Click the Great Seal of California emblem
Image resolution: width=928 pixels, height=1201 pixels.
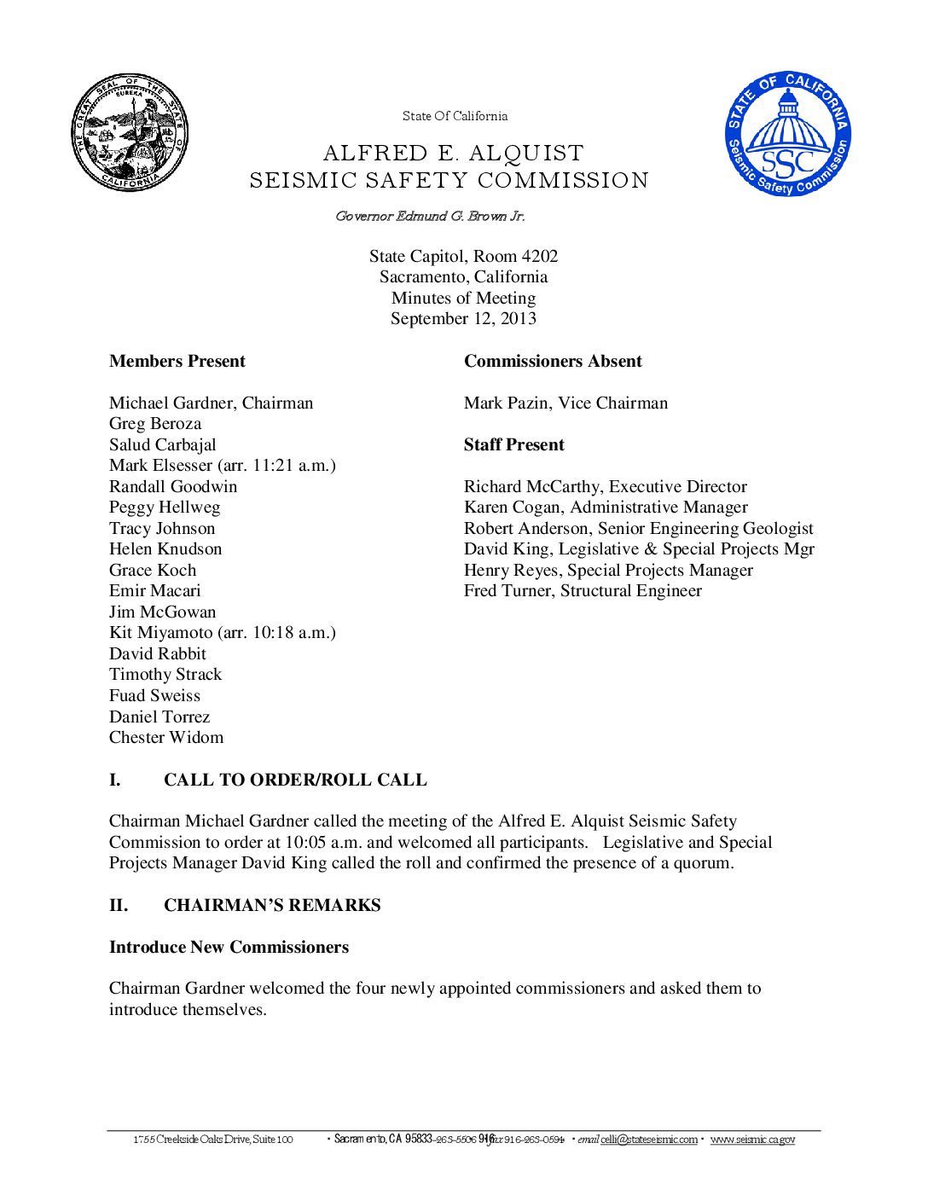[x=129, y=132]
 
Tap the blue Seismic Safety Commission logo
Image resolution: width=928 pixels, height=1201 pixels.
[x=788, y=133]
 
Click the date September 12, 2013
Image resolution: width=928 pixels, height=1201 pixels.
[x=463, y=319]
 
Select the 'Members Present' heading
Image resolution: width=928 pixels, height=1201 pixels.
[x=177, y=362]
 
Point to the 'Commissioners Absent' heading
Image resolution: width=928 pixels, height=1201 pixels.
[x=552, y=362]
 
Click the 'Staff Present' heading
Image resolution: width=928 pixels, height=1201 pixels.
[x=513, y=445]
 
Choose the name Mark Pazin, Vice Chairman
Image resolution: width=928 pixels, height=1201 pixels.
[x=565, y=403]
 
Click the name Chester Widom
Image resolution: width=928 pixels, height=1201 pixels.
[x=166, y=738]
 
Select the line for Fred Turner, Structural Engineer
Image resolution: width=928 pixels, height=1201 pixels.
[x=583, y=591]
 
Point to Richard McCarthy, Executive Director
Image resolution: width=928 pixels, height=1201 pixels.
[x=605, y=487]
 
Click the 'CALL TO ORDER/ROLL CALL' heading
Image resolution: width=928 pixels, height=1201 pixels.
[x=295, y=780]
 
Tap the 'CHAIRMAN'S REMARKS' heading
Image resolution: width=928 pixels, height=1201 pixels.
[x=272, y=906]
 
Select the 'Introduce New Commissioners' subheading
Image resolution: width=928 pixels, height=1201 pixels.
[x=229, y=948]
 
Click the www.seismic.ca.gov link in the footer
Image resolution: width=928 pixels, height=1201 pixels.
[x=752, y=1140]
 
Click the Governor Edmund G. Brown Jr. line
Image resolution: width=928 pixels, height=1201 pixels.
[x=430, y=217]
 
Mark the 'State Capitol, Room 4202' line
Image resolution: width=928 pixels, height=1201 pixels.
[x=463, y=257]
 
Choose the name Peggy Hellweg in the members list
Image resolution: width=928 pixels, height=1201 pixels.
[x=165, y=508]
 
